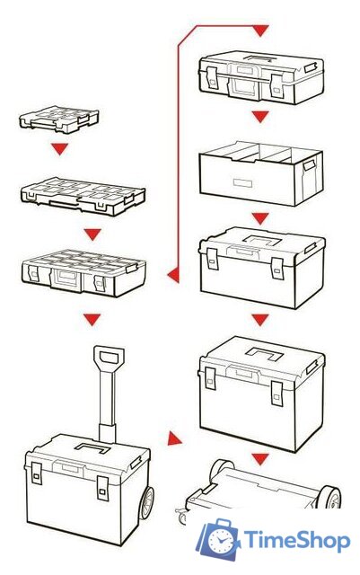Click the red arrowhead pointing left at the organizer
(172, 270)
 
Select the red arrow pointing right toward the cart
(173, 441)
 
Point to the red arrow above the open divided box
(259, 117)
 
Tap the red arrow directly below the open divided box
(259, 217)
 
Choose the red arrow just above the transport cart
(259, 459)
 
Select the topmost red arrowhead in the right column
(259, 31)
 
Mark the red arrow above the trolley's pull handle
(92, 318)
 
